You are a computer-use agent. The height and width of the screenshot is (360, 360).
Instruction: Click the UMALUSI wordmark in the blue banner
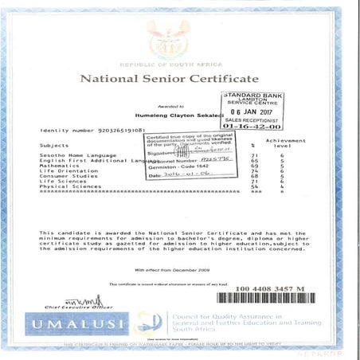[x=79, y=324]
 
